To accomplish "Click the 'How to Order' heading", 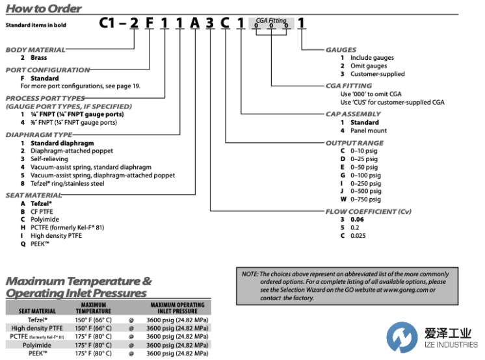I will (x=44, y=9).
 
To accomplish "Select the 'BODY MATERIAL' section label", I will (x=36, y=49).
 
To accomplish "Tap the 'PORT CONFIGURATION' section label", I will (x=48, y=70).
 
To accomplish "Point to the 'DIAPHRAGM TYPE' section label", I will (x=39, y=135).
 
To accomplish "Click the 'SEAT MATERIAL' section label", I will (x=34, y=195).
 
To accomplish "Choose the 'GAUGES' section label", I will (x=341, y=49).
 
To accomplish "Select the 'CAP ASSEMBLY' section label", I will (x=353, y=114).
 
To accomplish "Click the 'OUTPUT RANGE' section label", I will (x=354, y=142).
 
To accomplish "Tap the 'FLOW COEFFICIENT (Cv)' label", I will (x=368, y=212).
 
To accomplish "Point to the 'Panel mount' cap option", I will (x=369, y=131).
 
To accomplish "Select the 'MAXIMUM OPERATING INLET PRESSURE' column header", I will (x=177, y=308).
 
